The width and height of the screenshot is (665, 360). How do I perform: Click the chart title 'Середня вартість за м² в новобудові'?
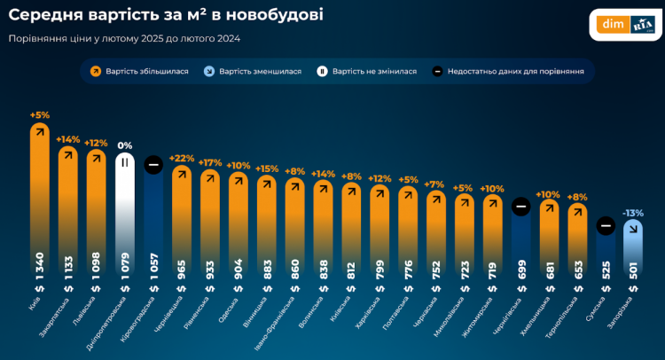(x=165, y=15)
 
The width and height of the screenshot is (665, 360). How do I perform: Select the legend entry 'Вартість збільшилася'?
(x=140, y=71)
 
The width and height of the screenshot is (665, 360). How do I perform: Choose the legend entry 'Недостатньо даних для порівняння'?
(x=507, y=71)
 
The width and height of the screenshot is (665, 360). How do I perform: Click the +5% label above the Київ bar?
(x=39, y=114)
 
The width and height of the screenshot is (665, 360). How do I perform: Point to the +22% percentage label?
(x=182, y=158)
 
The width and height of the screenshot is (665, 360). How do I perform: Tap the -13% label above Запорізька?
(x=633, y=213)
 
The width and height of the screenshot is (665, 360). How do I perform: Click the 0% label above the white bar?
(x=125, y=145)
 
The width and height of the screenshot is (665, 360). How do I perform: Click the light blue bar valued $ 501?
(x=633, y=257)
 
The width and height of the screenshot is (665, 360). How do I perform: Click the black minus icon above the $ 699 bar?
(x=521, y=207)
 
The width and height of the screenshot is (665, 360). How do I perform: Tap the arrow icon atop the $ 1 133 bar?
(x=68, y=156)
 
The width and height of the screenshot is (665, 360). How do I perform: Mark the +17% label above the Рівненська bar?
(x=210, y=162)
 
